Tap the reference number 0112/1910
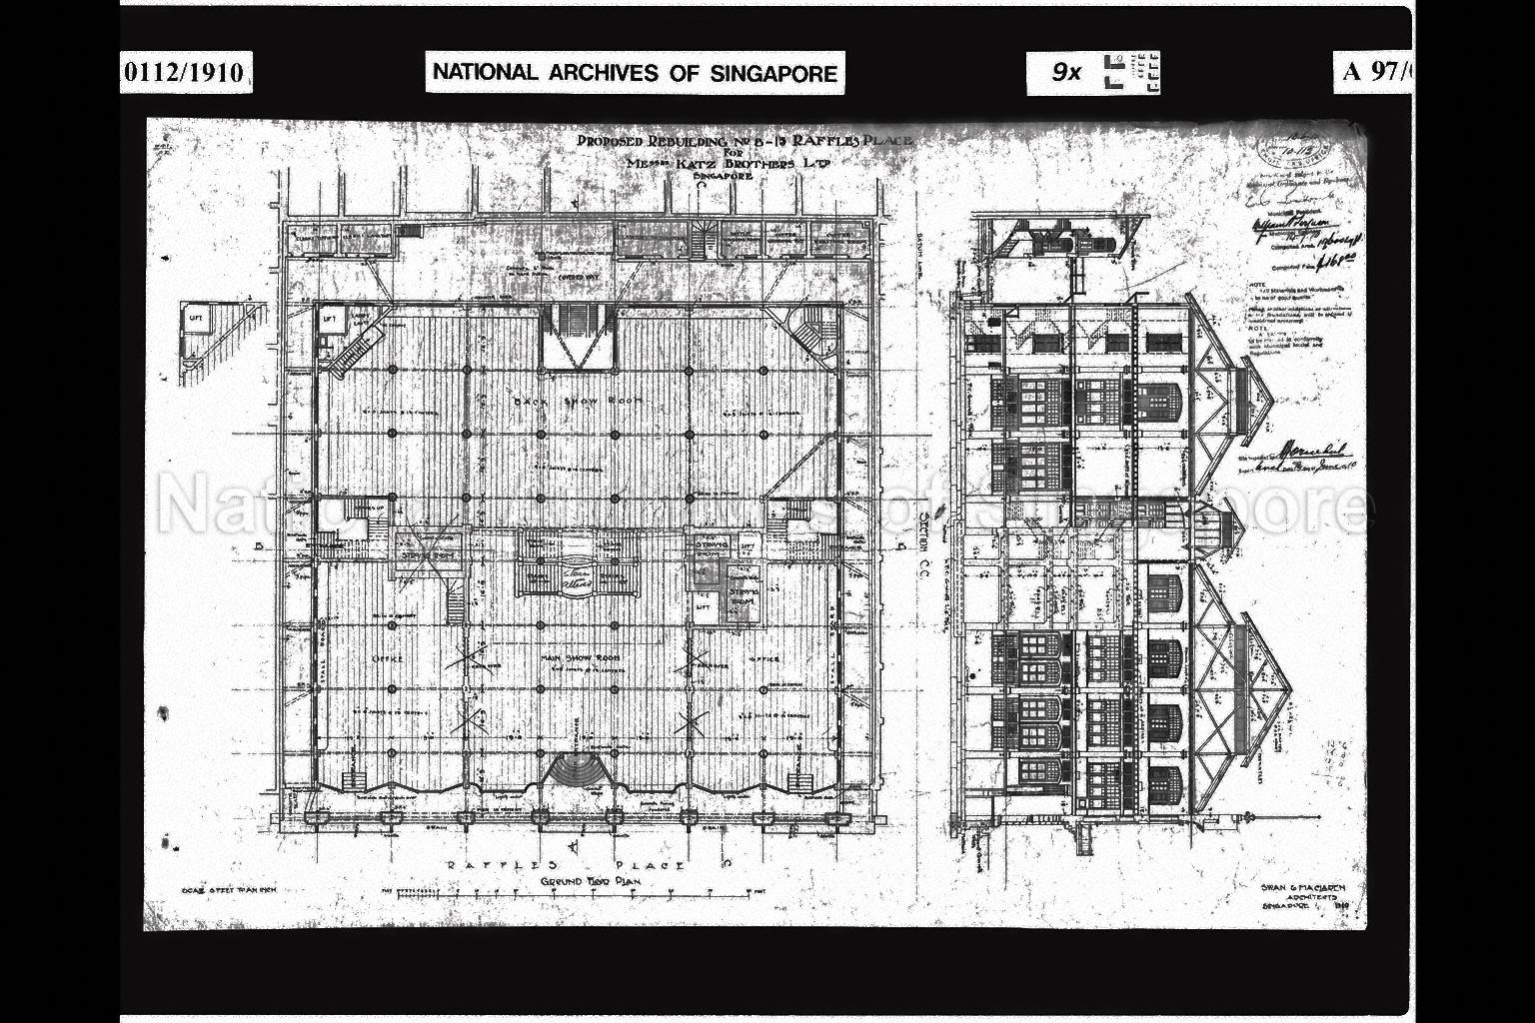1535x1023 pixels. (x=185, y=73)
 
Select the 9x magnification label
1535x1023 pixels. (x=1066, y=72)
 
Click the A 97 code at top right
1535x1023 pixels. (x=1377, y=72)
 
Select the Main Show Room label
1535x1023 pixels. (x=581, y=658)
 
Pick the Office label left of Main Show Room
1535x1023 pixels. (x=387, y=659)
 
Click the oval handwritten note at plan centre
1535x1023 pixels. (x=576, y=577)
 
